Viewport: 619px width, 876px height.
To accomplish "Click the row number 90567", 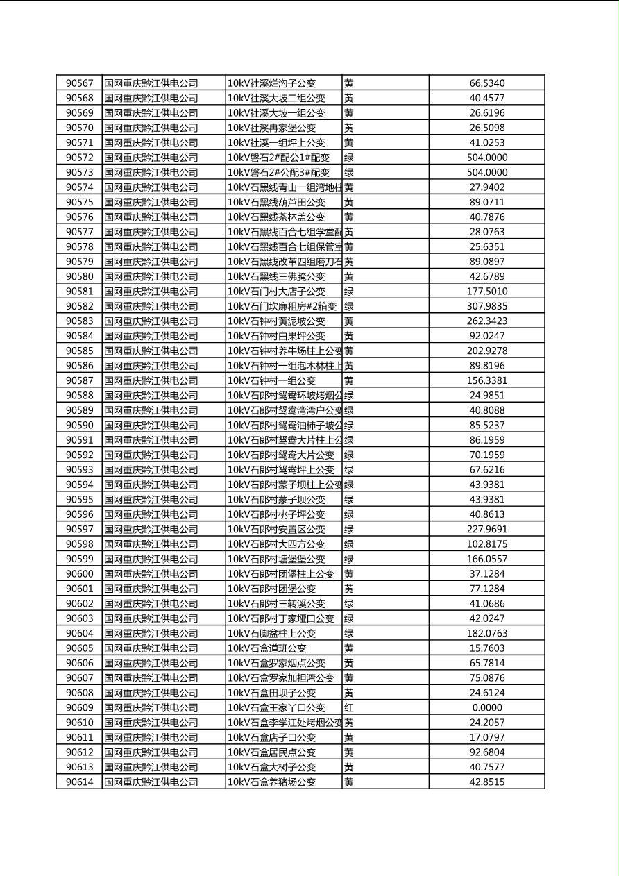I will point(79,83).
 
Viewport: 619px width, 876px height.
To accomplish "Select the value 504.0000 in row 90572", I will point(486,158).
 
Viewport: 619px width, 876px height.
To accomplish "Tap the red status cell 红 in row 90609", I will point(349,707).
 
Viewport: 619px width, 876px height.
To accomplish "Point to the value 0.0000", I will point(486,707).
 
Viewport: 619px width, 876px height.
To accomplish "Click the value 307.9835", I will point(486,306).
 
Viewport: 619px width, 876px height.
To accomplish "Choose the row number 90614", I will point(79,782).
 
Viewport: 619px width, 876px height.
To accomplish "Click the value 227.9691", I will point(486,529).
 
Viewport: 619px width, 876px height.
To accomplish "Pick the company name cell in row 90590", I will point(151,425).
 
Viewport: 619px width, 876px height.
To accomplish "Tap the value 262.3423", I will point(486,321).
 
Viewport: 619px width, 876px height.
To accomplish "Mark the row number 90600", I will point(79,573).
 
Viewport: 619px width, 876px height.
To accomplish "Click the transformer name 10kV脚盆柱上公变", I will point(271,633).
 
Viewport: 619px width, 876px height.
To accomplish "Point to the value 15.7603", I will point(486,648).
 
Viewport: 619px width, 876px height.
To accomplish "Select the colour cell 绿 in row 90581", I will point(349,291).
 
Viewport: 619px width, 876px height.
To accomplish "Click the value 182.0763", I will point(486,633).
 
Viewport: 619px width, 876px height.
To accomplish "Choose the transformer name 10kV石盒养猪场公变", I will point(271,782).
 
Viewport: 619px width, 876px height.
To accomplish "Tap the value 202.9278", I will point(486,351).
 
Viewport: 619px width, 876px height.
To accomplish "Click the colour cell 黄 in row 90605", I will point(349,648).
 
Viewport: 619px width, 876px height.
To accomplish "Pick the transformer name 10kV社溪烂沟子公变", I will point(276,83).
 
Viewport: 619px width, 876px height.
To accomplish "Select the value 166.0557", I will point(486,559).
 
